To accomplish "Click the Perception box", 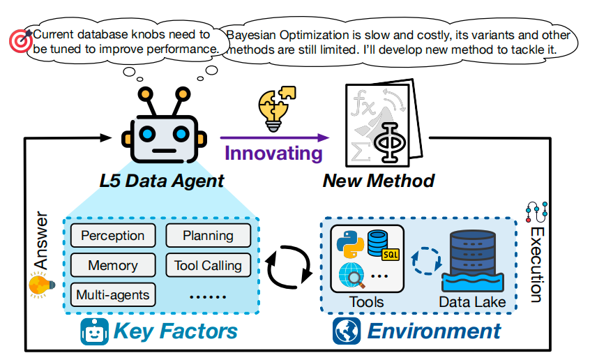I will (113, 236).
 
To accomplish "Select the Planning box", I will (208, 236).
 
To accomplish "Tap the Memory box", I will (113, 265).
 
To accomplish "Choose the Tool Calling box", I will (208, 265).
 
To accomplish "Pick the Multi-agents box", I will (113, 294).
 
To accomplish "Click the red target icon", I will (16, 41).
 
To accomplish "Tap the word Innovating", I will (273, 154).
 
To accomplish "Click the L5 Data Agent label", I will (162, 181).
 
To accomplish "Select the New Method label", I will (378, 181).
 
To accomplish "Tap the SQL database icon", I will (381, 244).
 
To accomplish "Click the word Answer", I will (40, 241).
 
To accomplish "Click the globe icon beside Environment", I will (345, 331).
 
